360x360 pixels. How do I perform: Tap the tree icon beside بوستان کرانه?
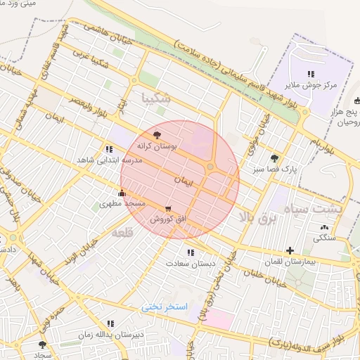[156, 136]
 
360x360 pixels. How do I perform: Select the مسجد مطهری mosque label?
[124, 203]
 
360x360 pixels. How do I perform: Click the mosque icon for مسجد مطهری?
[122, 193]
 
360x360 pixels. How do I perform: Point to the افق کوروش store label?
[168, 219]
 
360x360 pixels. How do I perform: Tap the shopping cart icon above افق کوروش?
[167, 209]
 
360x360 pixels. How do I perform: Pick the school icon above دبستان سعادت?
[190, 252]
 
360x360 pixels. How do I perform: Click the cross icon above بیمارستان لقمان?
[290, 250]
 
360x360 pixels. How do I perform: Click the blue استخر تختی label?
[165, 307]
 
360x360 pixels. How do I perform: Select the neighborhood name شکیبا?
[155, 98]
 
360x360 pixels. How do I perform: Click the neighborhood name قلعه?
[121, 231]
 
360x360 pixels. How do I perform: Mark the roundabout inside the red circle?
[210, 167]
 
